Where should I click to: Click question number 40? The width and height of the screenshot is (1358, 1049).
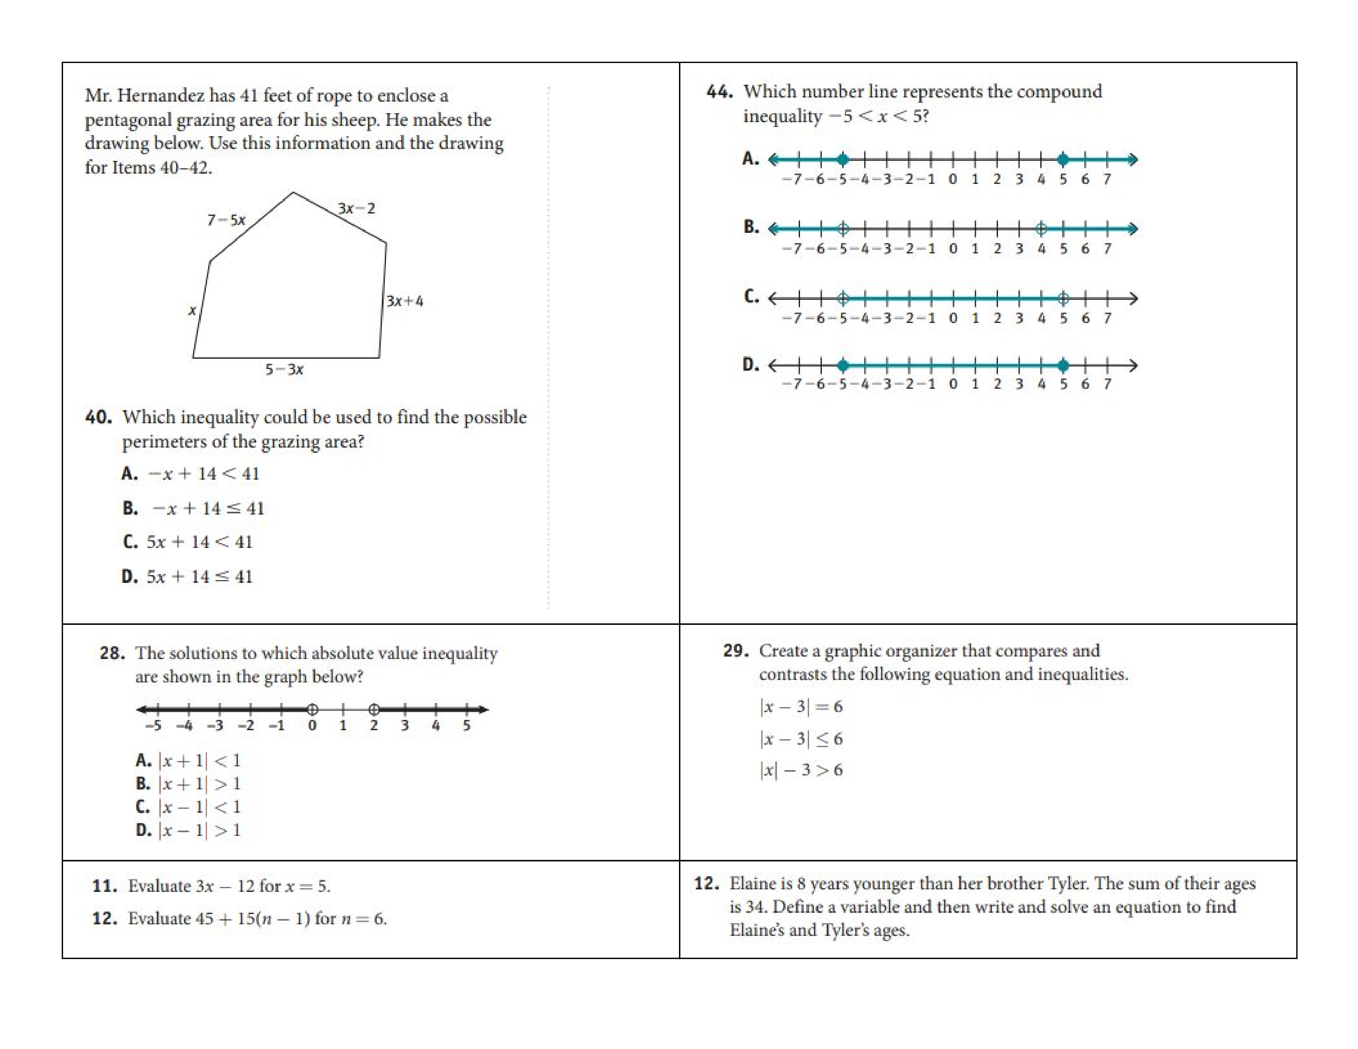[98, 417]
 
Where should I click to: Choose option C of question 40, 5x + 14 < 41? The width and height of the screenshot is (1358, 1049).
[199, 542]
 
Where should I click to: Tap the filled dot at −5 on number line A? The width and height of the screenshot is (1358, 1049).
[842, 160]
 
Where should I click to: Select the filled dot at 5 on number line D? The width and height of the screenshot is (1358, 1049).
[1063, 365]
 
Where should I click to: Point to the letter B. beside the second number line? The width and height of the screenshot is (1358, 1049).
[751, 227]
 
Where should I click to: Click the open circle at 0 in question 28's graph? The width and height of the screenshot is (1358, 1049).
[313, 709]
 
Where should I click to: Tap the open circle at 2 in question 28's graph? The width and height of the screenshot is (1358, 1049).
[374, 709]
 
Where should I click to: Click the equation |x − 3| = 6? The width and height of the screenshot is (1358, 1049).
[801, 707]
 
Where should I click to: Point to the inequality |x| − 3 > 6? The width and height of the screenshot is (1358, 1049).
[801, 770]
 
